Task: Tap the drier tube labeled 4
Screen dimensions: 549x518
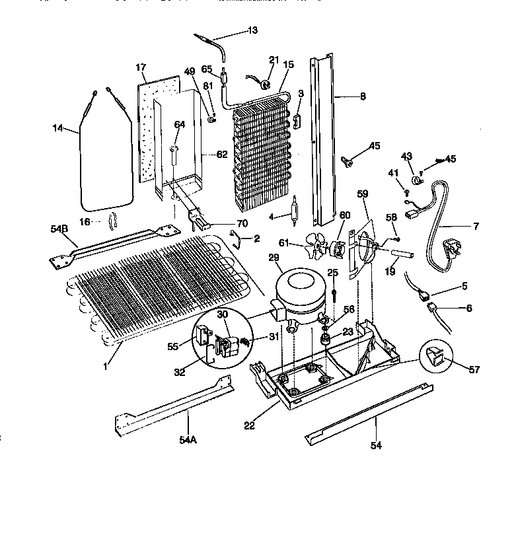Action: (x=295, y=209)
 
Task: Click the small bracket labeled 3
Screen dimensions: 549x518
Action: (x=298, y=120)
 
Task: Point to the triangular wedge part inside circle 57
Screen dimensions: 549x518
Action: (x=434, y=357)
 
